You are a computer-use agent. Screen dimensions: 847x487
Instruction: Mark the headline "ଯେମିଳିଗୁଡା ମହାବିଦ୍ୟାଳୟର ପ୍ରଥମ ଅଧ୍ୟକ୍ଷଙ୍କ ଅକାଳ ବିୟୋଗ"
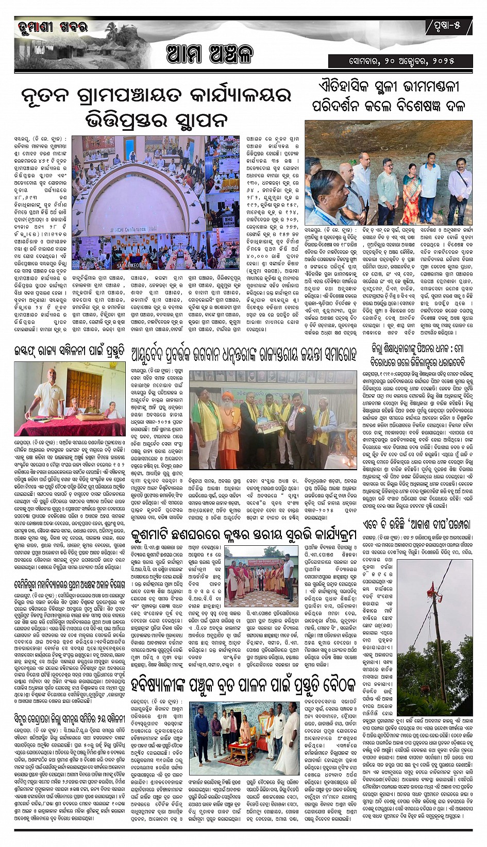coord(70,585)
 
